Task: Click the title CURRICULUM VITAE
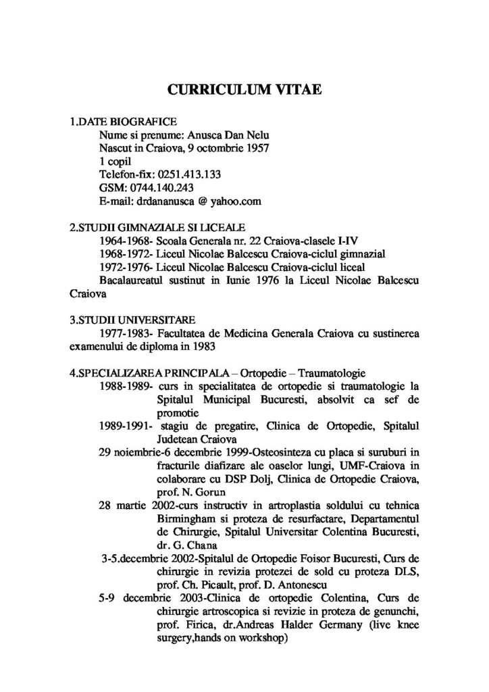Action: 244,89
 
